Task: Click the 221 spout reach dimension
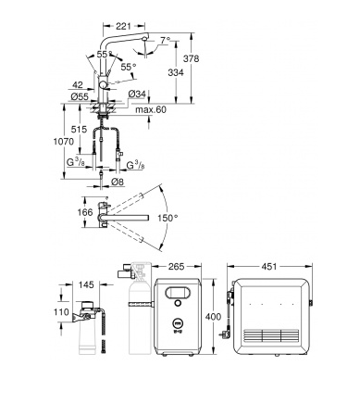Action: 123,26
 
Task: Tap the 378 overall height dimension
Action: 192,58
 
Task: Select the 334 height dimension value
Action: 176,72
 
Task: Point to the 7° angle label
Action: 166,40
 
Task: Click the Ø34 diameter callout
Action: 136,94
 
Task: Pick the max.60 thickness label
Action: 151,109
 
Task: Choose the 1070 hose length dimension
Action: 64,142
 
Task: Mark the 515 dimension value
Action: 79,129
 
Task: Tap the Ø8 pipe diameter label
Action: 118,182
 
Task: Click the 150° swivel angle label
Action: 168,218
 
